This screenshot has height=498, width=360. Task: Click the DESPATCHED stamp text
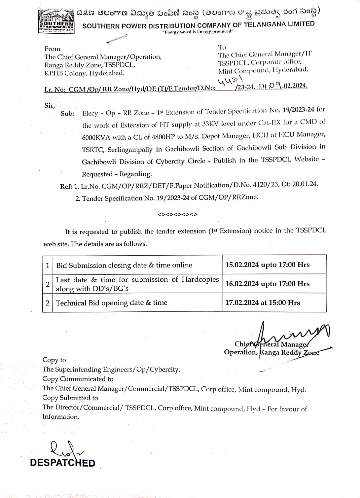pos(62,463)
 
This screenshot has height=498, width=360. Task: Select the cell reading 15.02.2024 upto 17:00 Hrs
pos(268,265)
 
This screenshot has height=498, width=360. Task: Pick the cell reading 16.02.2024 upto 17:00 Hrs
pos(268,284)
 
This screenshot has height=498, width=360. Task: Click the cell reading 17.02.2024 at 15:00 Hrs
pos(263,302)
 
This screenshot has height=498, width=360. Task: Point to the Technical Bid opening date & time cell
pos(112,303)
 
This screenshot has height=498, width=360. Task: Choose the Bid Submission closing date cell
pos(124,265)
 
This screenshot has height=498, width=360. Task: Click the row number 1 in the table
pos(48,265)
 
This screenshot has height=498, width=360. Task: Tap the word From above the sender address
pos(53,49)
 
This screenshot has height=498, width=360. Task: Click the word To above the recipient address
pos(222,47)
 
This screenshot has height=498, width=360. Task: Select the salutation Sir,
pos(50,105)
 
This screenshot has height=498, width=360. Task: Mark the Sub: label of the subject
pos(67,114)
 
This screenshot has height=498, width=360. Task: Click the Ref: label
pos(66,186)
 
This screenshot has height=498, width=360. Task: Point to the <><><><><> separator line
pos(178,214)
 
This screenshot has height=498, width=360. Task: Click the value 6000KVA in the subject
pos(96,137)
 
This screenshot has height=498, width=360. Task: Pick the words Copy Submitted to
pos(70,398)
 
